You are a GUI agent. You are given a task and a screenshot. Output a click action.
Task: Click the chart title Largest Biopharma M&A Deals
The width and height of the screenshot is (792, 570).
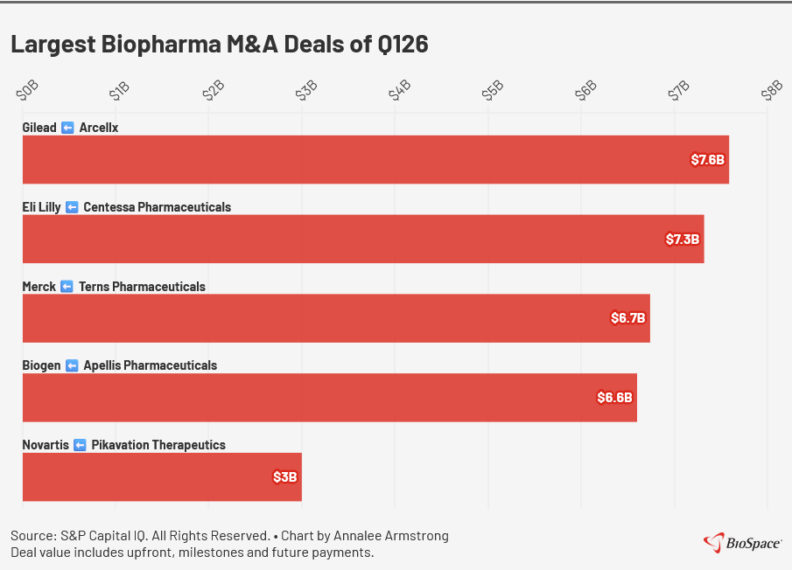click(219, 45)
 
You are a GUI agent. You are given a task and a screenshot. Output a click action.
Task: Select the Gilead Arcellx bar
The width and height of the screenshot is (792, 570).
click(375, 159)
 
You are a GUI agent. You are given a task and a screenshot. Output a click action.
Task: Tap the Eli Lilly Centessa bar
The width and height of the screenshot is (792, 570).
click(363, 239)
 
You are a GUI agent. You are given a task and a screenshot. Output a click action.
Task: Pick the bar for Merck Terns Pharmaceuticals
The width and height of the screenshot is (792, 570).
click(336, 318)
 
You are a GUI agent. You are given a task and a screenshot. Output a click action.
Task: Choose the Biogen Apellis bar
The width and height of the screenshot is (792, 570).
click(329, 398)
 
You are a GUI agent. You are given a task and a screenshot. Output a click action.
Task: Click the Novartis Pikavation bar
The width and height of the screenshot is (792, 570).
click(162, 477)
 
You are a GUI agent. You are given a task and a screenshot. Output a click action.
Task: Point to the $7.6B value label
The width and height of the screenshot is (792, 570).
click(708, 160)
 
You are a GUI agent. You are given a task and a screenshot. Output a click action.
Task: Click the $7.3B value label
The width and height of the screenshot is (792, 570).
click(683, 239)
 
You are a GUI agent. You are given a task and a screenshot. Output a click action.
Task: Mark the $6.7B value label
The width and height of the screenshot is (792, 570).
click(628, 318)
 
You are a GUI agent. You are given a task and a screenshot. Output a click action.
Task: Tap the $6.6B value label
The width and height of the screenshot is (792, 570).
click(615, 398)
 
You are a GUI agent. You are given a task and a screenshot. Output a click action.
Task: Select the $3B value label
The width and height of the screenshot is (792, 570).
click(285, 477)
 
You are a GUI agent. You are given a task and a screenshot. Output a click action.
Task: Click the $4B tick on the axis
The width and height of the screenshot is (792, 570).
click(400, 91)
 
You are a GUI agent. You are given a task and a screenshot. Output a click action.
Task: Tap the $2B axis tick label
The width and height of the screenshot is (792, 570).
click(214, 91)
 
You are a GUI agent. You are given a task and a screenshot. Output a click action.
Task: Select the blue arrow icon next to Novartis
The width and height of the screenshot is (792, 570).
click(80, 445)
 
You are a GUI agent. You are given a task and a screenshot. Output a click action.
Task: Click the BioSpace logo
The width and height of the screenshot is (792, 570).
click(743, 543)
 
